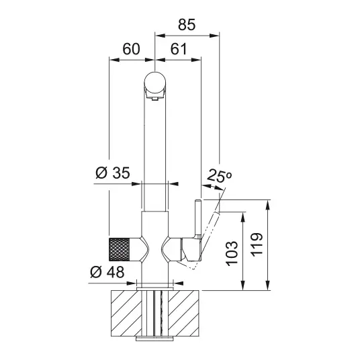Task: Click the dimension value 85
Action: point(187,25)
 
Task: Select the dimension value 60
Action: point(131,49)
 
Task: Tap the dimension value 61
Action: point(179,49)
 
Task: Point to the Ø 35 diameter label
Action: point(113,173)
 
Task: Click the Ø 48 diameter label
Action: point(107,272)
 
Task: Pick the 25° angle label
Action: point(219,176)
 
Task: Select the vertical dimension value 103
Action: point(232,253)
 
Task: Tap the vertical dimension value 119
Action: point(256,244)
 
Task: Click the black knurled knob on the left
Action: point(120,250)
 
